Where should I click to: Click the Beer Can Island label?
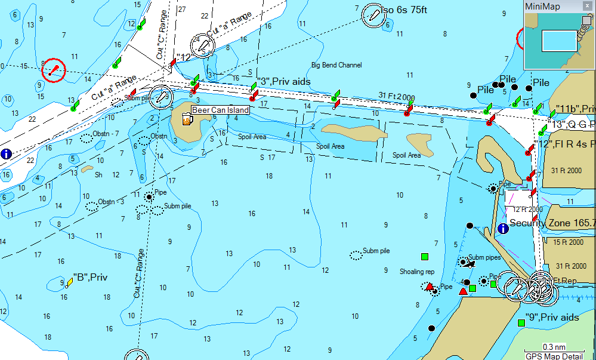[x=220, y=110]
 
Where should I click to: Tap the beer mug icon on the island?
[x=187, y=119]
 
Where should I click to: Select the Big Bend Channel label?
[x=336, y=65]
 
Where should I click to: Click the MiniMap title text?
[x=542, y=7]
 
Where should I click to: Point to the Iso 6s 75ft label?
[x=413, y=10]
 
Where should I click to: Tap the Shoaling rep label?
[x=417, y=272]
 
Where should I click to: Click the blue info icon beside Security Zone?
[x=502, y=227]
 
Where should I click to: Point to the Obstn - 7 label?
[x=106, y=133]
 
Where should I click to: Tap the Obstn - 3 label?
[x=111, y=202]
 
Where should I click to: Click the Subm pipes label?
[x=484, y=257]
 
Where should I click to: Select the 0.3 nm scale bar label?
[x=554, y=347]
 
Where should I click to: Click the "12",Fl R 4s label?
[x=567, y=144]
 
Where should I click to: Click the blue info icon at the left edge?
[x=7, y=153]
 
